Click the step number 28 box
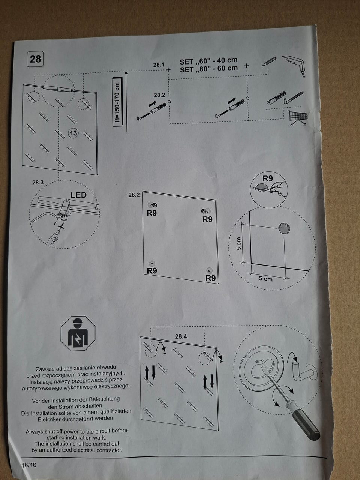(x=35, y=59)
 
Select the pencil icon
(x=269, y=61)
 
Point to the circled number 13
(x=73, y=133)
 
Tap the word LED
(x=78, y=195)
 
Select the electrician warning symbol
(x=78, y=333)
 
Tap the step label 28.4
(x=181, y=336)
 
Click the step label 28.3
(x=38, y=183)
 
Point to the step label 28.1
(x=159, y=65)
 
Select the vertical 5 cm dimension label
(x=239, y=243)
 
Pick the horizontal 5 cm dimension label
(x=266, y=279)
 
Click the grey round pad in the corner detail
(x=284, y=228)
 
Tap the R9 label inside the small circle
(x=268, y=178)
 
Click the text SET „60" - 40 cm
(x=208, y=61)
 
